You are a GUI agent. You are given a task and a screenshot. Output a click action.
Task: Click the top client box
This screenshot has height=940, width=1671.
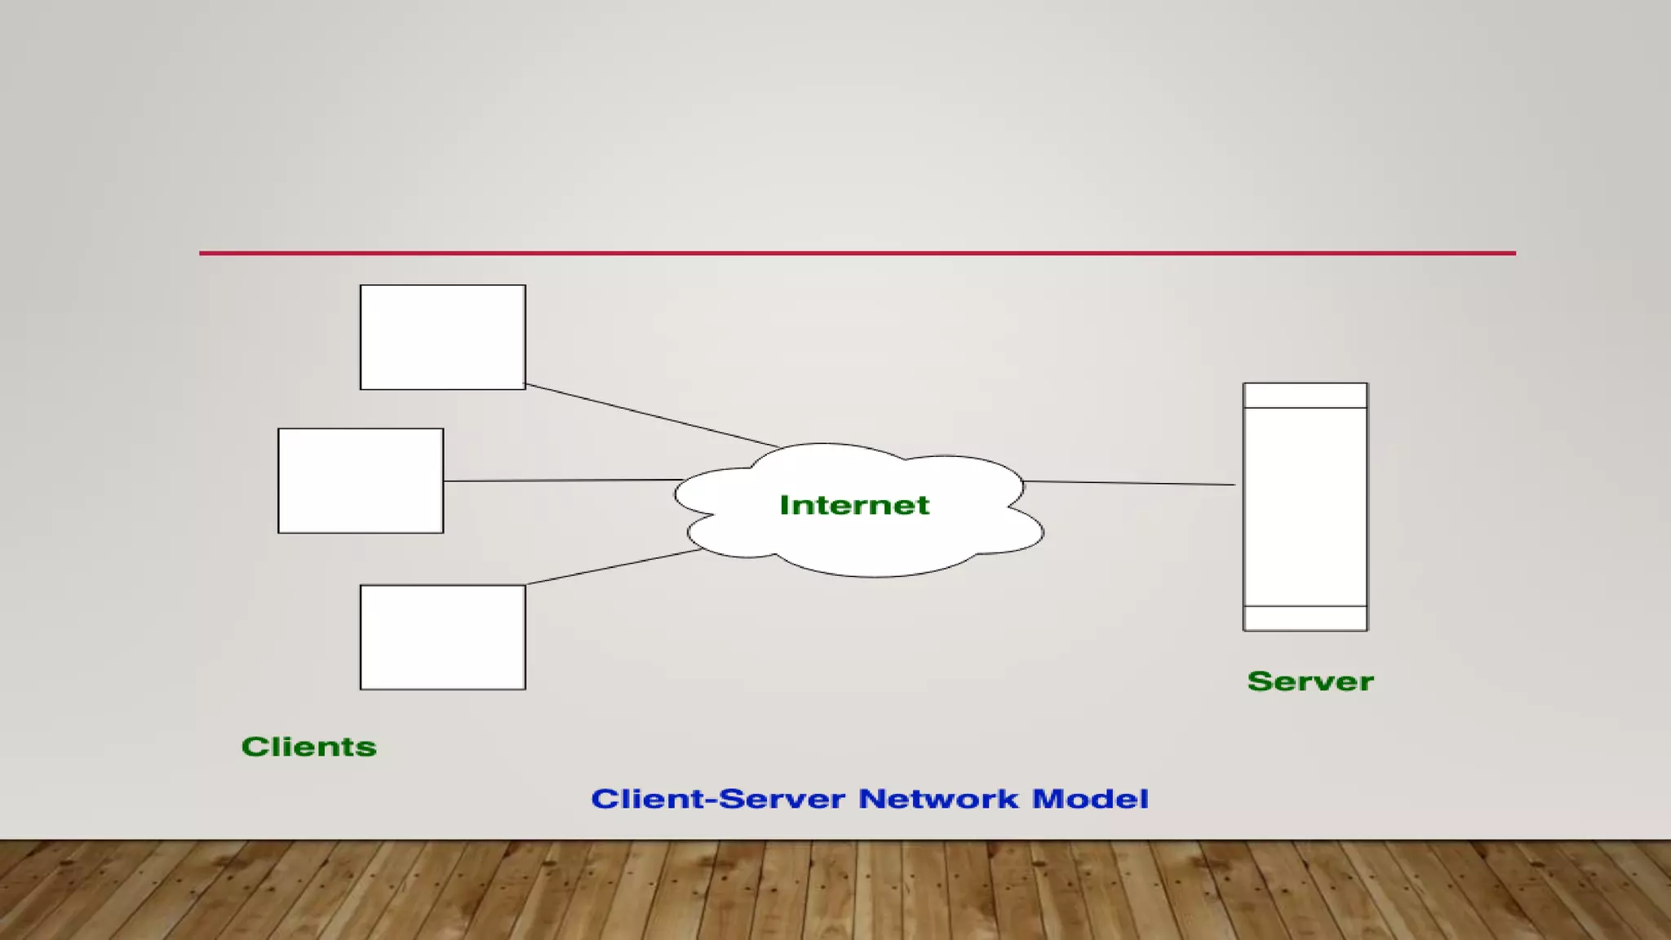pos(442,337)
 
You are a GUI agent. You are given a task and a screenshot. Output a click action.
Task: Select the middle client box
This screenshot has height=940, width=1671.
pos(361,481)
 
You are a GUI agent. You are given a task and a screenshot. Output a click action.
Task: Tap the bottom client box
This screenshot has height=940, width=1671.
pos(442,637)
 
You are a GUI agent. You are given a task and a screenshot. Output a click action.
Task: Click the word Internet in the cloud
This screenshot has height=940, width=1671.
pos(854,505)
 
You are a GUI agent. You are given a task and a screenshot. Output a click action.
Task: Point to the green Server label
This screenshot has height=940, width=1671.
pos(1310,681)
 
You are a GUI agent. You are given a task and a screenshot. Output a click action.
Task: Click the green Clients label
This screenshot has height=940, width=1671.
pos(309,747)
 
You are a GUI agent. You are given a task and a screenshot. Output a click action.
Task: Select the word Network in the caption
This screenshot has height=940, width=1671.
pos(938,799)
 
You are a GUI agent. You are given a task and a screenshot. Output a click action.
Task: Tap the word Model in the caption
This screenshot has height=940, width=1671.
pos(1090,799)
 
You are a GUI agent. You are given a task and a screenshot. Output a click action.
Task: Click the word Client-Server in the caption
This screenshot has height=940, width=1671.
pos(718,799)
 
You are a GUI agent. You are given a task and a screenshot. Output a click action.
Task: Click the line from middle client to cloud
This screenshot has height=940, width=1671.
pos(563,481)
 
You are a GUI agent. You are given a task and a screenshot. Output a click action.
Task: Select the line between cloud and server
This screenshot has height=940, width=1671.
pos(1129,483)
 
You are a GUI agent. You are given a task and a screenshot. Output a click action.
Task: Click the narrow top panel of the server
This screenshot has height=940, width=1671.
pos(1305,396)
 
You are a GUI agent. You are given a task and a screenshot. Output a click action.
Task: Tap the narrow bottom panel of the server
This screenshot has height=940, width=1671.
pos(1305,619)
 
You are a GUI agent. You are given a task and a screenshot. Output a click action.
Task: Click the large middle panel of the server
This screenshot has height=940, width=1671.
pos(1305,506)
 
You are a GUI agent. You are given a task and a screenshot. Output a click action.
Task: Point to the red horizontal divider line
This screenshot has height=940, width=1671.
pos(857,253)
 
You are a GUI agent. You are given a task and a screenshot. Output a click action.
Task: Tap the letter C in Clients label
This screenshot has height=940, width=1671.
pos(255,747)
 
